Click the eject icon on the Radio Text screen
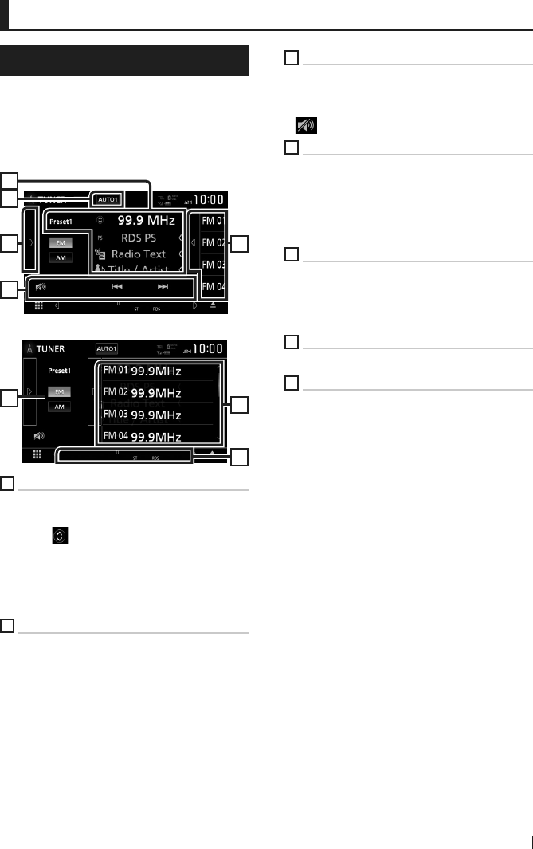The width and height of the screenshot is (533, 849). [x=213, y=305]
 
